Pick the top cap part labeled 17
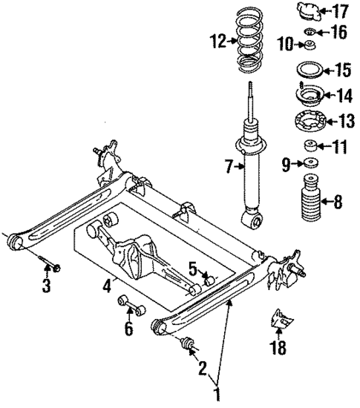[310, 12]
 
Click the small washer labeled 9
[308, 164]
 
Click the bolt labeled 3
[48, 263]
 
